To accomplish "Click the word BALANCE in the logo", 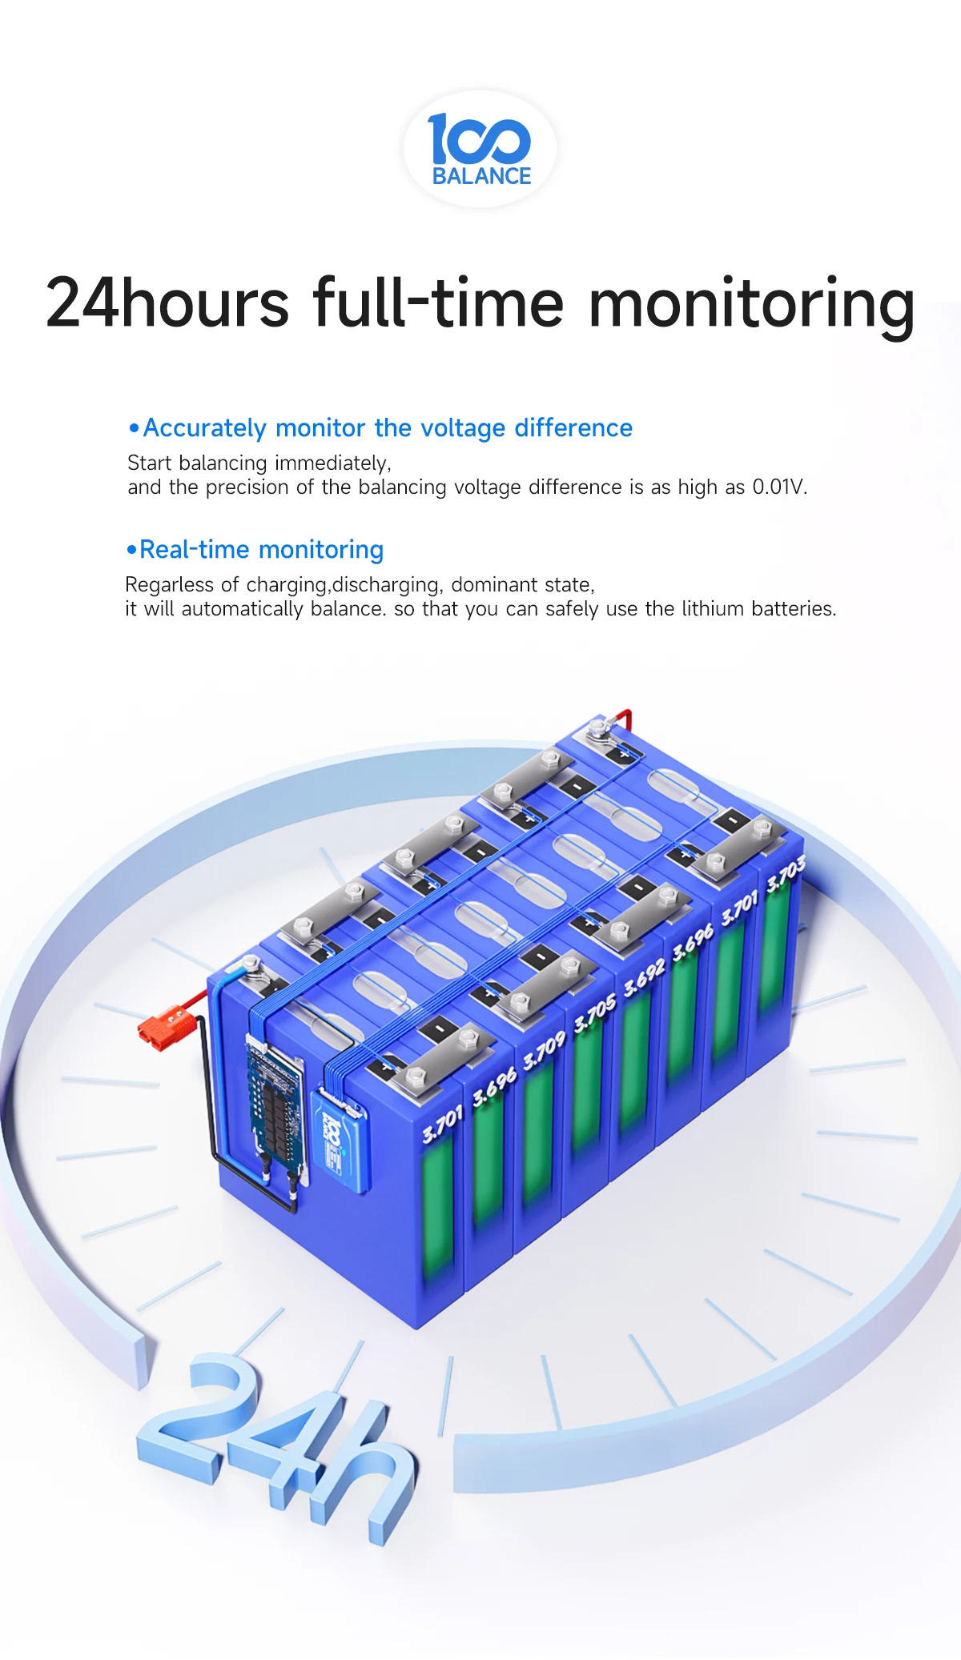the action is point(481,176).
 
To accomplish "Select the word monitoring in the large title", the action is point(751,305).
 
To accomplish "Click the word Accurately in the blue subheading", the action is point(204,428).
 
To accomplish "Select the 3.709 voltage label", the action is point(544,1051).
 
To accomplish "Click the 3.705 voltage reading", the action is point(594,1012).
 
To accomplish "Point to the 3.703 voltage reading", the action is point(785,874).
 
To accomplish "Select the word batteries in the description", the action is point(793,609).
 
